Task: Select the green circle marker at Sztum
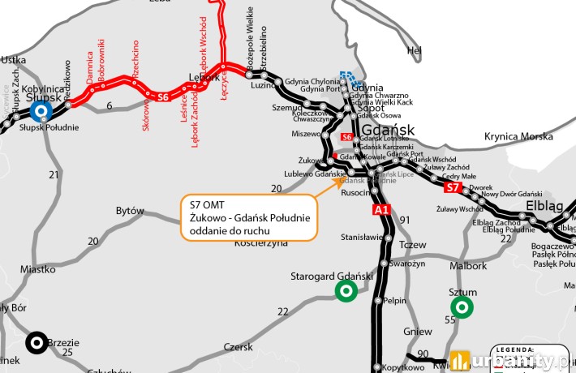462,307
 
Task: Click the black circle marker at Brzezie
36,343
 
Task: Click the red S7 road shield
454,188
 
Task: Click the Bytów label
130,211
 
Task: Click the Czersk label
239,346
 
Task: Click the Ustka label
15,59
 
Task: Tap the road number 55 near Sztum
449,321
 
